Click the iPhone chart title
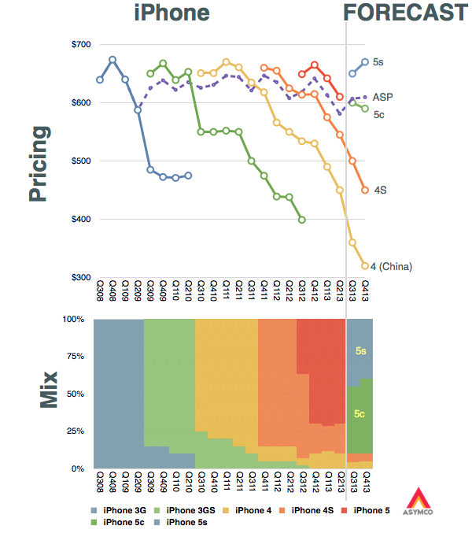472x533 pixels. pyautogui.click(x=171, y=13)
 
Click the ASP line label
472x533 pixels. pyautogui.click(x=382, y=98)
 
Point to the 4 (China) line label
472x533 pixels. pyautogui.click(x=393, y=267)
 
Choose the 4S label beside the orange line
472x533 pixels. pyautogui.click(x=379, y=191)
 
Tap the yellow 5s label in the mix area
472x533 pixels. pyautogui.click(x=360, y=350)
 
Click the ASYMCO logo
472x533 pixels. pyautogui.click(x=419, y=500)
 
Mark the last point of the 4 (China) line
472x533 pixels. pyautogui.click(x=365, y=266)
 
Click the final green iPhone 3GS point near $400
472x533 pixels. pyautogui.click(x=302, y=220)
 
